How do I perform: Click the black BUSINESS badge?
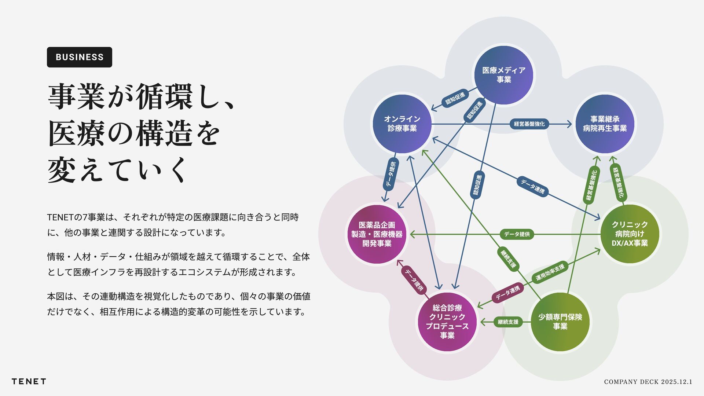(x=79, y=57)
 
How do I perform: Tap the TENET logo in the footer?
(x=29, y=381)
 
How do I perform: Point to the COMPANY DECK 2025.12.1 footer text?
(x=648, y=382)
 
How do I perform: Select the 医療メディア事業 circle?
(x=503, y=75)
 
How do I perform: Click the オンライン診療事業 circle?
(x=402, y=124)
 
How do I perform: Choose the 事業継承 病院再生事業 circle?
(x=605, y=124)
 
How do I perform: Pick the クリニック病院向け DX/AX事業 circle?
(x=630, y=234)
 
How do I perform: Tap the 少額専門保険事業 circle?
(x=560, y=322)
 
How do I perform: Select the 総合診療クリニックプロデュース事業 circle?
(x=447, y=322)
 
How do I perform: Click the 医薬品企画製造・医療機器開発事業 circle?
(x=377, y=234)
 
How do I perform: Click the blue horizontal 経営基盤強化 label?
(x=529, y=124)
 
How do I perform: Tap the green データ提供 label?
(x=517, y=234)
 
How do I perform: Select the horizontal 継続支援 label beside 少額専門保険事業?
(x=508, y=322)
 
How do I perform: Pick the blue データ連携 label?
(x=532, y=186)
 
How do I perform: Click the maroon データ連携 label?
(x=507, y=293)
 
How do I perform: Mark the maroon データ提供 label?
(x=414, y=280)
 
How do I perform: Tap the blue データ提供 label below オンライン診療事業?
(x=390, y=175)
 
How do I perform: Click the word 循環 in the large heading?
(x=164, y=97)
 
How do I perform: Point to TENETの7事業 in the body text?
(x=76, y=217)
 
